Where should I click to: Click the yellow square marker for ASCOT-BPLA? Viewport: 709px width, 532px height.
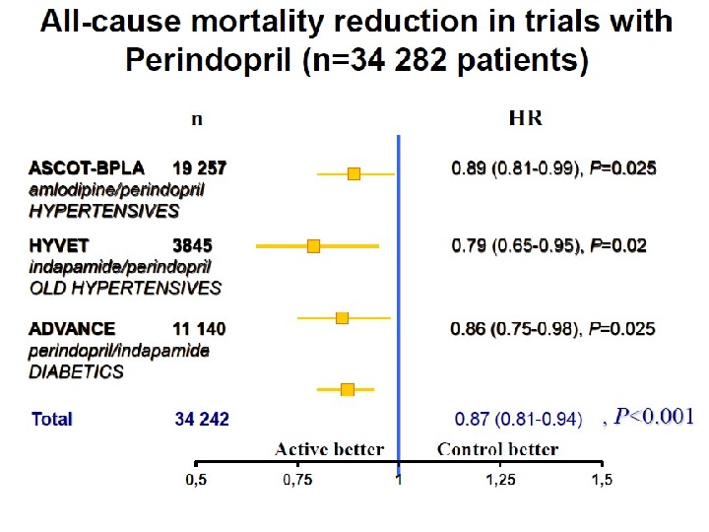coord(354,173)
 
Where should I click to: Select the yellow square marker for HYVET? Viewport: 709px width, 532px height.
coord(313,245)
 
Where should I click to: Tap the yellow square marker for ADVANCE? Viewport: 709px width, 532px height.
coord(342,317)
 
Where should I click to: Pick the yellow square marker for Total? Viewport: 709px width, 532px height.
coord(347,390)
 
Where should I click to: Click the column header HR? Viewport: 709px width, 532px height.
coord(525,118)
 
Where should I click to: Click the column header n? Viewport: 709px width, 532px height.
coord(197,119)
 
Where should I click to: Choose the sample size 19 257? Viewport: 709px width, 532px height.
coord(200,168)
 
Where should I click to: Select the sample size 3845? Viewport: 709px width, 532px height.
coord(192,245)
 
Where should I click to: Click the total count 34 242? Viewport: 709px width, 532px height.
coord(202,419)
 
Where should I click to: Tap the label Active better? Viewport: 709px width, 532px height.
coord(329,450)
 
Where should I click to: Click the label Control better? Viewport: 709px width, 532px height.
coord(497,450)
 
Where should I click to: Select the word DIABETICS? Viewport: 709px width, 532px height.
coord(76,371)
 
